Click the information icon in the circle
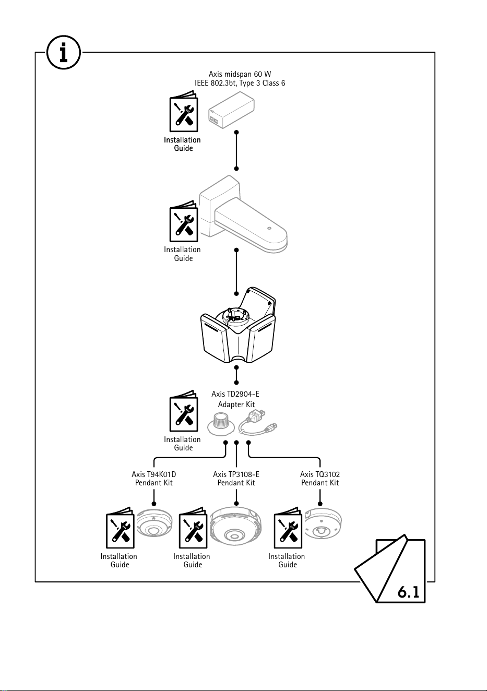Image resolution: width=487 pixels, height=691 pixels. click(x=64, y=52)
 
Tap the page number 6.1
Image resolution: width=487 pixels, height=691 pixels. click(x=408, y=592)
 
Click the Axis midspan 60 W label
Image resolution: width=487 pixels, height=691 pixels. click(x=240, y=74)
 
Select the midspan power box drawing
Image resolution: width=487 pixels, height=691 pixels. click(x=231, y=110)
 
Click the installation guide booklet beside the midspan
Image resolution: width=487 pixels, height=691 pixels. click(x=184, y=111)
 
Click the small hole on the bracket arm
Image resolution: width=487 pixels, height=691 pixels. click(x=269, y=228)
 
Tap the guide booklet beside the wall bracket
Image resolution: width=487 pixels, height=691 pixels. click(x=184, y=221)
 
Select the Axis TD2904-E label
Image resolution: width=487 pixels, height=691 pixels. click(x=235, y=394)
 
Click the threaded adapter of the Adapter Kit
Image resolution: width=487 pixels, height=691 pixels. click(x=220, y=424)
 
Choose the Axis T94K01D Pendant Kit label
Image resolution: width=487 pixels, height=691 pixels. click(x=153, y=479)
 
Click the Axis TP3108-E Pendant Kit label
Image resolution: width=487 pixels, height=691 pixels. click(x=236, y=479)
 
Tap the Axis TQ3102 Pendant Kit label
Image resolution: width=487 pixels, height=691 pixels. click(x=320, y=479)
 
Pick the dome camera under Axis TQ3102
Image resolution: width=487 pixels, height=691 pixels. click(x=323, y=524)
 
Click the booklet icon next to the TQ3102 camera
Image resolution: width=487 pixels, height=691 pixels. click(x=288, y=528)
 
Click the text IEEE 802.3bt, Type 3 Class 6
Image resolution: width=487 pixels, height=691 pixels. click(x=240, y=84)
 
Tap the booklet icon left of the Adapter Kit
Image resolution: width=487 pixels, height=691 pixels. click(x=184, y=411)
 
